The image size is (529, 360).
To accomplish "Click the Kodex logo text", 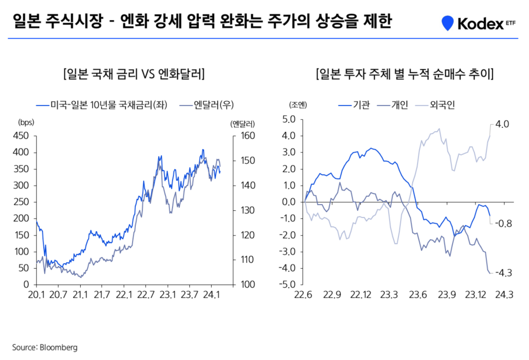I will coord(479,23).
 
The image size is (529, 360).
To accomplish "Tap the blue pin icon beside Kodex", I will coord(448,23).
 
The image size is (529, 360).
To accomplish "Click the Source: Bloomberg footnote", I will coord(45,347).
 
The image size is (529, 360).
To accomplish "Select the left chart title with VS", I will coord(134,74).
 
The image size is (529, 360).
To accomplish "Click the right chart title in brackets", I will coord(405,74).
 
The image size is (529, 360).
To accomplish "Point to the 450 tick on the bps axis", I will coord(22,136).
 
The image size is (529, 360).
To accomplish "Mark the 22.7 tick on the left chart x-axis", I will coord(146,296).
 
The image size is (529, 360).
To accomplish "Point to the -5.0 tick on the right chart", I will coord(287,285).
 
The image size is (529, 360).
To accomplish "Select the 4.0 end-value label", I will coord(502,125).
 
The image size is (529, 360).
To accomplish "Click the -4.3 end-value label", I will coord(503,273).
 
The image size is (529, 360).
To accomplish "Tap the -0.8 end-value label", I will coord(503,223).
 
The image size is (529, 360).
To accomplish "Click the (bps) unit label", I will coord(26,123).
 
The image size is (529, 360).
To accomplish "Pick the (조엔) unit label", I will coord(299,105).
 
